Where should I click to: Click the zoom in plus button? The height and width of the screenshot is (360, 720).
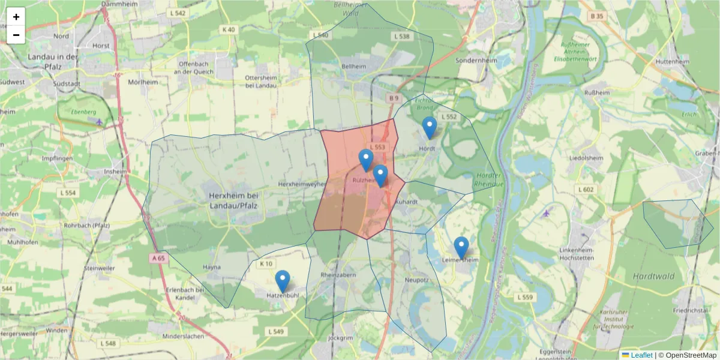[16, 17]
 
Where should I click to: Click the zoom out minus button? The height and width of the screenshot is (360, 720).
[16, 35]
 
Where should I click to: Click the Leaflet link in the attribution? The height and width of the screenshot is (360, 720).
[641, 355]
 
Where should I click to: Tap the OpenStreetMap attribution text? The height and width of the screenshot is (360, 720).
[688, 355]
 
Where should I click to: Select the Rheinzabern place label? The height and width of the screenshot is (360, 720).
[339, 274]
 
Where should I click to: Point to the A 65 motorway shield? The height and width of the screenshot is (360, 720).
[157, 257]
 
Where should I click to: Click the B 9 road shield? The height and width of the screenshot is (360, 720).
[393, 98]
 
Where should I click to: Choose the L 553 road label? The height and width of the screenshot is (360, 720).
[377, 147]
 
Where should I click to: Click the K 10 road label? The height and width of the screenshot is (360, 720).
[266, 263]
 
